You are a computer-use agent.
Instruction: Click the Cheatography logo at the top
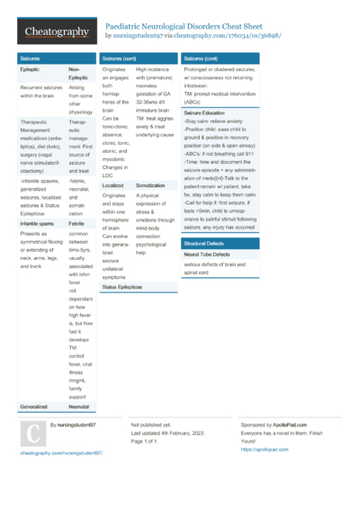pos(57,32)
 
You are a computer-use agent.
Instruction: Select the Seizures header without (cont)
pos(30,58)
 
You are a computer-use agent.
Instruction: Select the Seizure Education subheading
pos(205,113)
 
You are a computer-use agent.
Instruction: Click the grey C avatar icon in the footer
pos(32,435)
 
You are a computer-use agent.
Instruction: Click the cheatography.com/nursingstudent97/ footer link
pos(61,453)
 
